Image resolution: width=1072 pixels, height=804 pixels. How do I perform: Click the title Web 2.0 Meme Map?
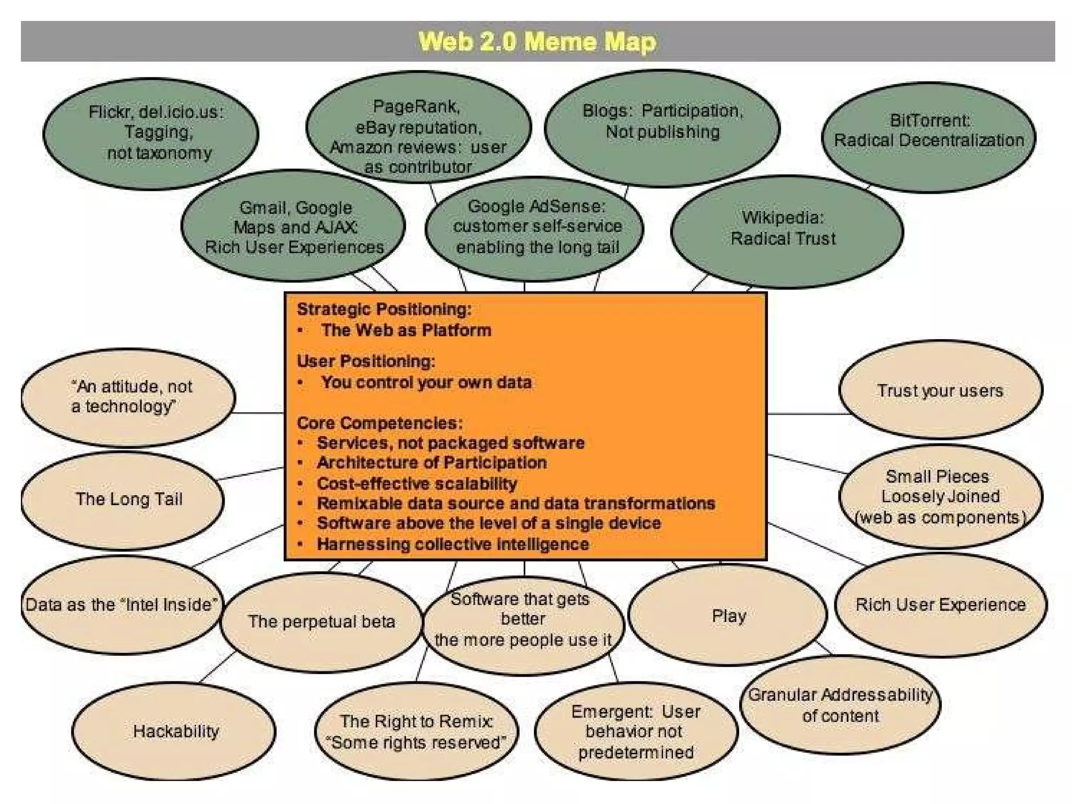pyautogui.click(x=537, y=41)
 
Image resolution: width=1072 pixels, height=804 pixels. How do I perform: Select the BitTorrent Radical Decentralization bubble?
pyautogui.click(x=929, y=131)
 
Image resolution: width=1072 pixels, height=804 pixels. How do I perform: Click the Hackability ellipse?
pyautogui.click(x=175, y=731)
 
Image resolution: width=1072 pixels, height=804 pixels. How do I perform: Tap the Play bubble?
pyautogui.click(x=728, y=616)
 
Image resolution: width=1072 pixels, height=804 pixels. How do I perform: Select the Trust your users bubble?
pyautogui.click(x=940, y=390)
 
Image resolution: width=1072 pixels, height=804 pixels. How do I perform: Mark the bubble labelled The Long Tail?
pyautogui.click(x=129, y=499)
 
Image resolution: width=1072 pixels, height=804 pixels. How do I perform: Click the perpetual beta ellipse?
pyautogui.click(x=321, y=621)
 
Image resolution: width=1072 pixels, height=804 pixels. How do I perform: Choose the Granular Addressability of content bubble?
pyautogui.click(x=840, y=705)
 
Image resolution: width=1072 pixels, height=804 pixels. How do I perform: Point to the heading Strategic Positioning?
pyautogui.click(x=384, y=309)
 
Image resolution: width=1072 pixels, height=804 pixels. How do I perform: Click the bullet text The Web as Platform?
pyautogui.click(x=406, y=330)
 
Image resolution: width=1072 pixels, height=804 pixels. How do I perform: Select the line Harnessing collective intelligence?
pyautogui.click(x=453, y=544)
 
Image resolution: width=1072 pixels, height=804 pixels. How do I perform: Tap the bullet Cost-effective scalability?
pyautogui.click(x=417, y=483)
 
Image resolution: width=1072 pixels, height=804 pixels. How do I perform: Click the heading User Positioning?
pyautogui.click(x=366, y=361)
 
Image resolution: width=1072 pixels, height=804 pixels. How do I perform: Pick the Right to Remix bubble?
pyautogui.click(x=416, y=731)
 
